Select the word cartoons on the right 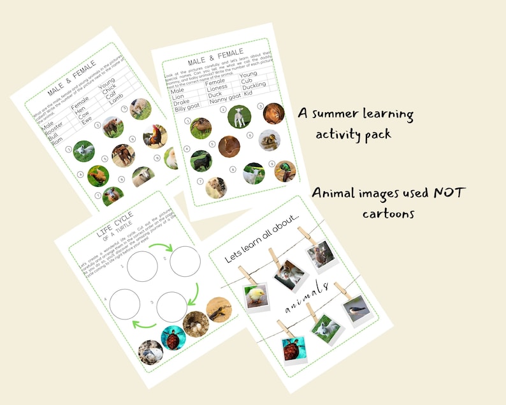389,213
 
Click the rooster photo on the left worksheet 155,135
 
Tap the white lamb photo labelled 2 239,116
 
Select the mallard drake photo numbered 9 285,171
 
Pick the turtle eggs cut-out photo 196,324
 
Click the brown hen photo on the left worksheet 98,175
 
